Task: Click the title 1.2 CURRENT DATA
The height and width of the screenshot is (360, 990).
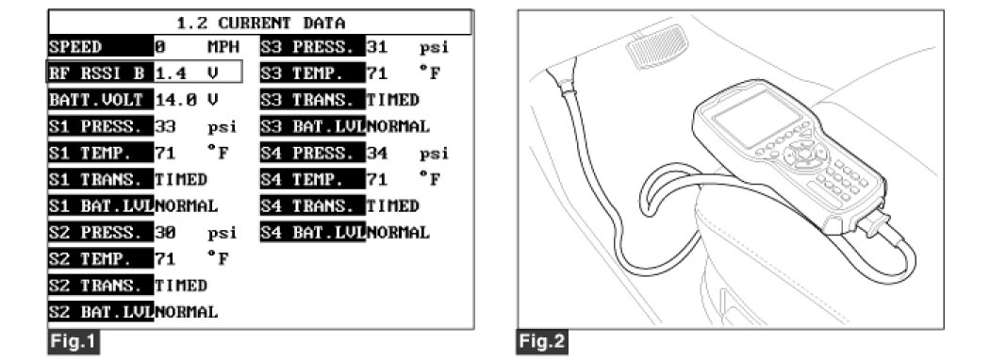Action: pyautogui.click(x=261, y=24)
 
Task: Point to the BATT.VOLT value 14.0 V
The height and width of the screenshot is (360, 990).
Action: pyautogui.click(x=187, y=100)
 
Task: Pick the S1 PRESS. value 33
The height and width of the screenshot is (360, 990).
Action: pyautogui.click(x=165, y=126)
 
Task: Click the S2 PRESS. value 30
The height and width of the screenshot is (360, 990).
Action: pyautogui.click(x=165, y=233)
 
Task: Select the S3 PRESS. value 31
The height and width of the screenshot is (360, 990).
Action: pyautogui.click(x=377, y=47)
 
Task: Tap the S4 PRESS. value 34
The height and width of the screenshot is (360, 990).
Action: pyautogui.click(x=377, y=153)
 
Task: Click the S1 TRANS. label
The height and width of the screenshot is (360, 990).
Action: pyautogui.click(x=100, y=179)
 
